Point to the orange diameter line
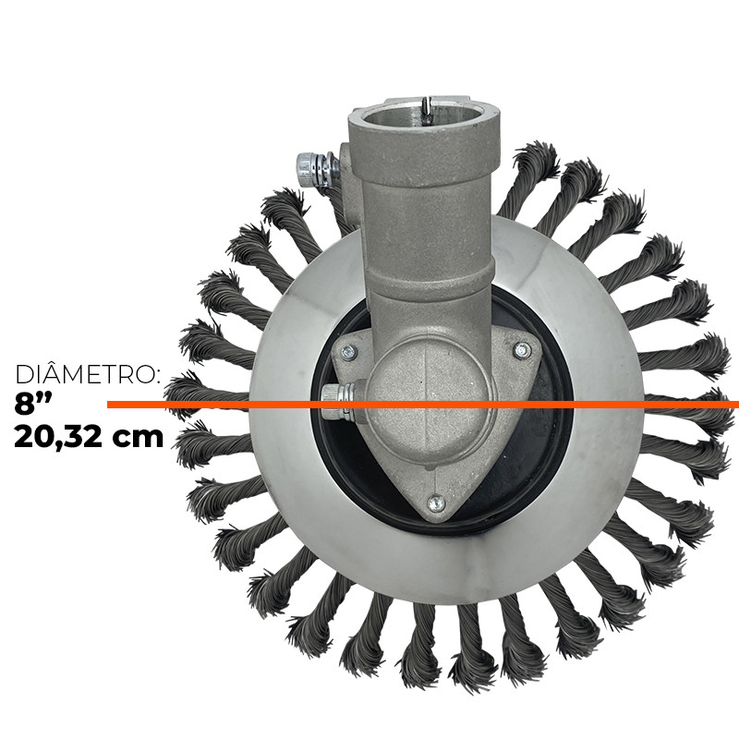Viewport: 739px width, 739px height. [x=423, y=405]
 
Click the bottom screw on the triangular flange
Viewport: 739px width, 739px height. [x=436, y=503]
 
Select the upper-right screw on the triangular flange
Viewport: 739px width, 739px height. [x=522, y=350]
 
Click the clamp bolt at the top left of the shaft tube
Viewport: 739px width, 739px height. [x=315, y=169]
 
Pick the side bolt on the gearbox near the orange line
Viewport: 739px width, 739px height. [x=338, y=401]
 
